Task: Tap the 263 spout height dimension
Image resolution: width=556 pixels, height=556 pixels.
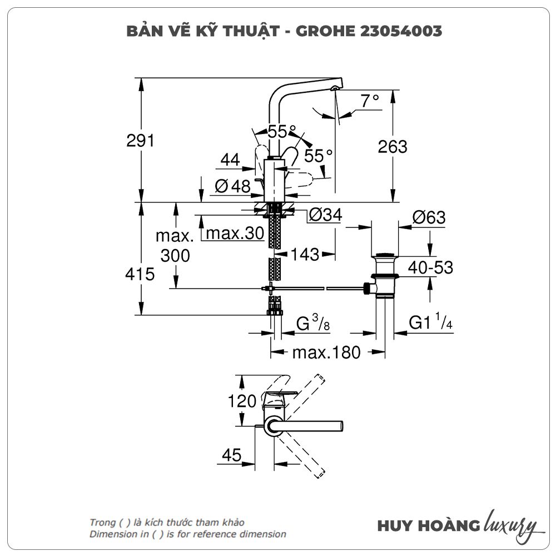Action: pos(393,147)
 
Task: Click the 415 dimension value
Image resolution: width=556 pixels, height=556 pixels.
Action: pos(140,274)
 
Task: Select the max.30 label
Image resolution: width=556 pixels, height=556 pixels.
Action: pos(234,234)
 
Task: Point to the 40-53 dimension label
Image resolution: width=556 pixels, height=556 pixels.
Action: pos(430,268)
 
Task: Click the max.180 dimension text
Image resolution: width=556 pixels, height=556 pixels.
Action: pos(327,352)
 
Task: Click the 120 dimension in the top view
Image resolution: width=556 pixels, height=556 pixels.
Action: pos(242,401)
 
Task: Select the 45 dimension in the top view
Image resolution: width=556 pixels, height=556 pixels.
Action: pos(232,455)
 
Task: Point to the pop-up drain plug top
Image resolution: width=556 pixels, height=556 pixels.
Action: pos(385,256)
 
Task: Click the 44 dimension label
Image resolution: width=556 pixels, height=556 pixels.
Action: pos(230,161)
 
